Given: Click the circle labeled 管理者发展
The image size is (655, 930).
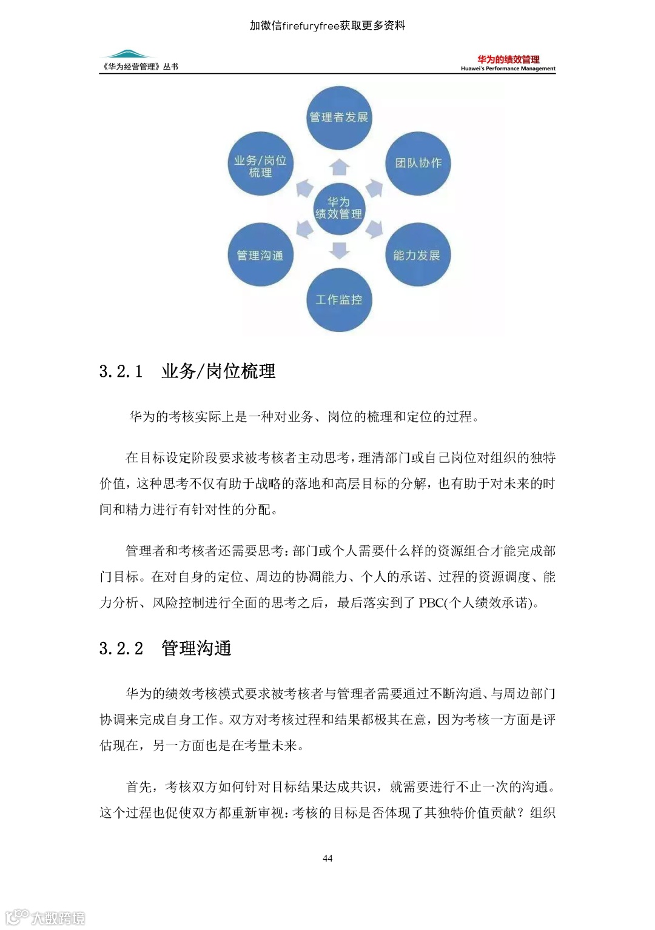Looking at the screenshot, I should [x=338, y=118].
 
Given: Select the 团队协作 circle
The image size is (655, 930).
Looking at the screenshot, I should [x=418, y=163].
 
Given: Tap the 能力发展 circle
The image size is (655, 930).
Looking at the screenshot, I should [x=417, y=255].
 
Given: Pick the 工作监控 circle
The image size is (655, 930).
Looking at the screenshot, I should [x=338, y=300].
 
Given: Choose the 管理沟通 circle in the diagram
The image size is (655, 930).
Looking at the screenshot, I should [x=260, y=255].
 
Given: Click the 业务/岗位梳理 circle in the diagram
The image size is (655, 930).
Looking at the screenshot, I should [x=260, y=165].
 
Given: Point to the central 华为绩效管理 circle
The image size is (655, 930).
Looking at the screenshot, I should [x=338, y=208].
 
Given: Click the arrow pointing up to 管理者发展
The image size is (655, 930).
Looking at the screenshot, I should [x=340, y=167].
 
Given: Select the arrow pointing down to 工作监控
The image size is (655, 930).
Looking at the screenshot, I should [x=340, y=250].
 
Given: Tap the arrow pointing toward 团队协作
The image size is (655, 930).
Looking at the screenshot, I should [x=375, y=188].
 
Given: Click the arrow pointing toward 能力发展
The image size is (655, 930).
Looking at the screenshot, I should [x=375, y=228].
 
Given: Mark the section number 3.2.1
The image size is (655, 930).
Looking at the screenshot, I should [x=121, y=371].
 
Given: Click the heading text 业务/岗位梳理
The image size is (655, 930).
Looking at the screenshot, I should [x=218, y=371].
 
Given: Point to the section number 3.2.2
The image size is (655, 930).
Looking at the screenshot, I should [x=121, y=649].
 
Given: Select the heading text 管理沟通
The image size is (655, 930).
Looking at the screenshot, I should [x=196, y=649].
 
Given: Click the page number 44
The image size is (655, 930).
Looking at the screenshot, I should [x=327, y=858].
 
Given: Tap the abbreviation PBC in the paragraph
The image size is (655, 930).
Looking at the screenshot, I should [x=431, y=603].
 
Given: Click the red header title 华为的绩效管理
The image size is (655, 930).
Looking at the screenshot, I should [x=508, y=59].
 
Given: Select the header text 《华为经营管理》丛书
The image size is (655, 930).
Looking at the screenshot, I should [x=140, y=67].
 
